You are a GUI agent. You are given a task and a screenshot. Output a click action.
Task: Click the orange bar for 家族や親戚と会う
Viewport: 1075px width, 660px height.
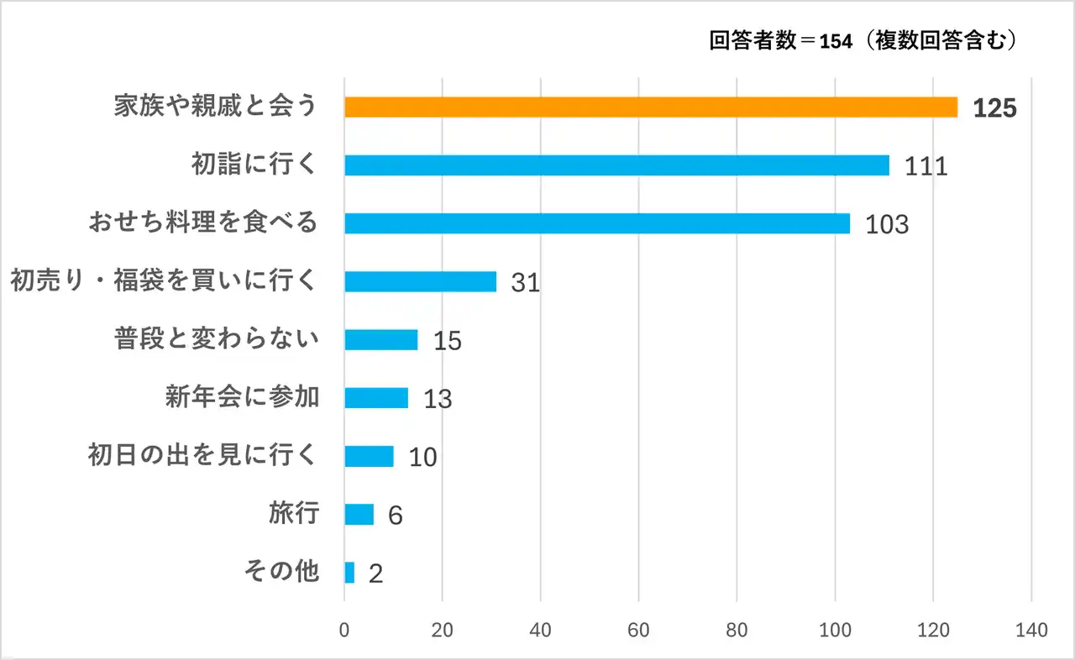click(651, 107)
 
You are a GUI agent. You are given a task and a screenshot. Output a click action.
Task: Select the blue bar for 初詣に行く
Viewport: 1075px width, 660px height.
click(616, 165)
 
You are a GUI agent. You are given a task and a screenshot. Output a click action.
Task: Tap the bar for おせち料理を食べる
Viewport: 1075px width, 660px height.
click(597, 223)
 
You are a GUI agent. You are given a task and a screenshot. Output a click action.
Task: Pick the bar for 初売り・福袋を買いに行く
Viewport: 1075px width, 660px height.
click(420, 281)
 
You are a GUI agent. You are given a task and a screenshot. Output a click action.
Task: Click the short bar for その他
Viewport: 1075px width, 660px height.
click(349, 573)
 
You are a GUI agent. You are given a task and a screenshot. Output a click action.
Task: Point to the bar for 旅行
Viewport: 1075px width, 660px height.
click(359, 514)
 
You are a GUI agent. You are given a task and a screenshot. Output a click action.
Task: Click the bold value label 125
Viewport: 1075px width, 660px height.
click(995, 108)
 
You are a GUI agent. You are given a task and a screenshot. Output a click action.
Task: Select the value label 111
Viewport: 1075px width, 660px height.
click(926, 166)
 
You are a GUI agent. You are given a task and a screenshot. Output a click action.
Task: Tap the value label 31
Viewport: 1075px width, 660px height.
click(525, 283)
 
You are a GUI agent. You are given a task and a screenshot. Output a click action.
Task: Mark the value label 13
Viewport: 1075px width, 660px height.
click(438, 399)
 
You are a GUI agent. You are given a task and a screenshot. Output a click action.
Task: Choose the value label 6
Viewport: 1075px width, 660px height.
click(395, 516)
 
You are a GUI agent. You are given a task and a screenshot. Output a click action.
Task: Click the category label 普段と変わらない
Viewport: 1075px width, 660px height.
click(217, 339)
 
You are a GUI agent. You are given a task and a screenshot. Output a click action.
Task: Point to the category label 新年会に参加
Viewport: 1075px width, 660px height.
click(242, 396)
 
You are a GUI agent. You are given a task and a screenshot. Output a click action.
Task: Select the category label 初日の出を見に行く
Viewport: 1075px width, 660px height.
click(203, 455)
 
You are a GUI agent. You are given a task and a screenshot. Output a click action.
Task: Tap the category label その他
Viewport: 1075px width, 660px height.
click(281, 571)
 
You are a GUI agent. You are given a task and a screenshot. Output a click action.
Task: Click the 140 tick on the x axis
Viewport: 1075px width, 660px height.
click(1031, 631)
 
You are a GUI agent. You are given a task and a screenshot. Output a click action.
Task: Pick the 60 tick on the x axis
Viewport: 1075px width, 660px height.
click(639, 631)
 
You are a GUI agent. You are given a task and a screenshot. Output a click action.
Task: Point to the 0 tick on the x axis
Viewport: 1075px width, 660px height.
click(344, 631)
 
